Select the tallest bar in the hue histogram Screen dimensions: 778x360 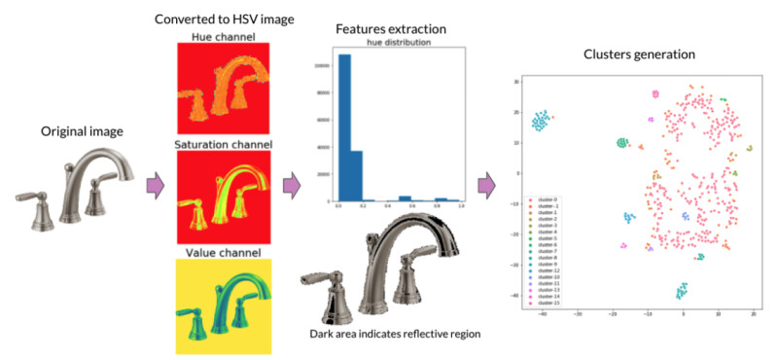(343, 126)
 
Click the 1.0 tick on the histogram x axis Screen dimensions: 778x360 (460, 207)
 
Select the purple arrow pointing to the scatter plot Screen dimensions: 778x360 (487, 182)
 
